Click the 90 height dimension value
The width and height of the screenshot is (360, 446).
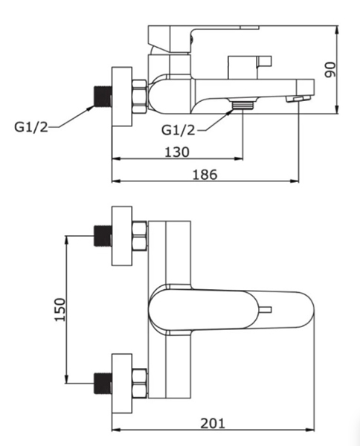click(330, 70)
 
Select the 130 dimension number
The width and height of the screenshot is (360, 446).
click(177, 152)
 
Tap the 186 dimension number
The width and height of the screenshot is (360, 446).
click(205, 175)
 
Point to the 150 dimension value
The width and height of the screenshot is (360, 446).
click(60, 309)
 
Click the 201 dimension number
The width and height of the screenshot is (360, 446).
click(213, 424)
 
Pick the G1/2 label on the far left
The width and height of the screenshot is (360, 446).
click(31, 127)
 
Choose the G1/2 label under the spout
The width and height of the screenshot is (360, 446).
click(179, 130)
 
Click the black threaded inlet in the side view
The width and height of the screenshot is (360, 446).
click(103, 96)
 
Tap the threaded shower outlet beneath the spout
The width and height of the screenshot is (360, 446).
click(242, 106)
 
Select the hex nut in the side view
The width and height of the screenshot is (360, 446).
click(140, 97)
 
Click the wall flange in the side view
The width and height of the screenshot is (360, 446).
click(122, 97)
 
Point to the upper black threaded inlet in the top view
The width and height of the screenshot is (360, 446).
click(103, 236)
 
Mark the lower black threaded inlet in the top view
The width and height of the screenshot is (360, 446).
click(103, 383)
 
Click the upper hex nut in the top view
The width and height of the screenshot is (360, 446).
click(140, 236)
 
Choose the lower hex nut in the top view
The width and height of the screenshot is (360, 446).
click(140, 384)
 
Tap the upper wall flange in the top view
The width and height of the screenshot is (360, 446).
click(122, 236)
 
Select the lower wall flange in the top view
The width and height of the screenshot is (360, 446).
click(122, 384)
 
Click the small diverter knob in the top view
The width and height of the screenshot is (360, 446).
click(265, 310)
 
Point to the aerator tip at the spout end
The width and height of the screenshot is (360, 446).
click(298, 99)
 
